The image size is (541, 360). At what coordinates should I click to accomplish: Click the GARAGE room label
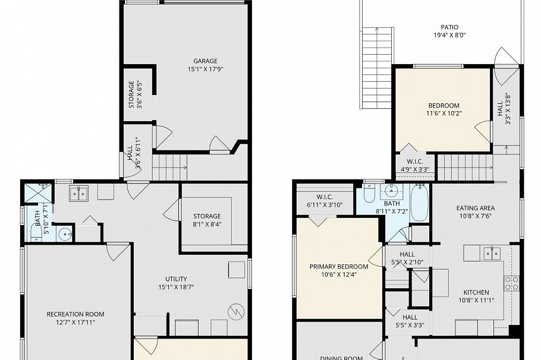205,61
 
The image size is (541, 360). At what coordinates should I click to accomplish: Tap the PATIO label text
449,27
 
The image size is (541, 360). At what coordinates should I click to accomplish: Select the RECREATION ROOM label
76,314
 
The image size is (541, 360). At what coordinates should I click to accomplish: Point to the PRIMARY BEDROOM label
339,267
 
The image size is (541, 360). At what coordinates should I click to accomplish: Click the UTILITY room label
176,279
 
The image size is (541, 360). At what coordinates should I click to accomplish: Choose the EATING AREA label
476,208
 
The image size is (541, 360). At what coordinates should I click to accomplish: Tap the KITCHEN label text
476,292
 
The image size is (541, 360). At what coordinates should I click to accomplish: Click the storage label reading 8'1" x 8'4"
207,216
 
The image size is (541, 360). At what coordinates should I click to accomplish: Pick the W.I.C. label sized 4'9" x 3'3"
415,162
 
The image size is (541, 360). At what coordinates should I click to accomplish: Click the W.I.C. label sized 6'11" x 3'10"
324,197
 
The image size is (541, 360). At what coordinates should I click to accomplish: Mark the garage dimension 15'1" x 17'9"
205,69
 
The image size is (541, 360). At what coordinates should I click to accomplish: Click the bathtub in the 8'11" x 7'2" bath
419,203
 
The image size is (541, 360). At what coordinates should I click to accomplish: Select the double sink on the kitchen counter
492,253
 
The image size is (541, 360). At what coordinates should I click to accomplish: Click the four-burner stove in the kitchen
511,283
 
